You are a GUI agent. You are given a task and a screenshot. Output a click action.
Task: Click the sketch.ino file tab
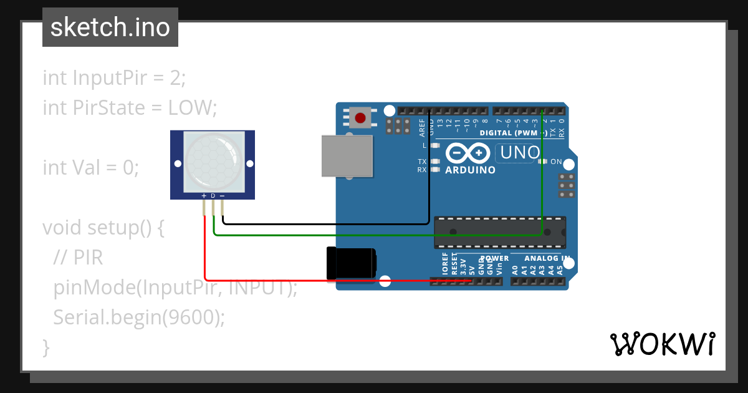coord(110,27)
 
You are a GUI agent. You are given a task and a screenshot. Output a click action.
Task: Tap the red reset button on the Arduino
coord(360,117)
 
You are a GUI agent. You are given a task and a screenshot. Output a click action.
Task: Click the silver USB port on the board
coord(347,156)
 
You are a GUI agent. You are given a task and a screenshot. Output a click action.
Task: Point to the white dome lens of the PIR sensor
coord(212,160)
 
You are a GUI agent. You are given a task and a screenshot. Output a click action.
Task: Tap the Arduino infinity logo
coord(467,153)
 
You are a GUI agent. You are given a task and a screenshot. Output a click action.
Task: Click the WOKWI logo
coord(662,344)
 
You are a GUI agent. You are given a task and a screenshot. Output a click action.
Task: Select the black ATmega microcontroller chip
coord(500,231)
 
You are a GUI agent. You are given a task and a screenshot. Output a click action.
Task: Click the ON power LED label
coord(556,162)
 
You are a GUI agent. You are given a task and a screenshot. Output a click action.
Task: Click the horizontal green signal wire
coord(374,235)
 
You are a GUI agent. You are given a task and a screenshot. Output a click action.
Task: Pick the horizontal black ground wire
coord(324,223)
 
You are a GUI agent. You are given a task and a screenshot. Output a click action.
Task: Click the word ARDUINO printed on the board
coord(471,170)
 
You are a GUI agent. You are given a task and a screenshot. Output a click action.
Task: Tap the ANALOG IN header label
coord(547,258)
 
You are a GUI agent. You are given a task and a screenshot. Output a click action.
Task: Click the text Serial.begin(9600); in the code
coord(138,317)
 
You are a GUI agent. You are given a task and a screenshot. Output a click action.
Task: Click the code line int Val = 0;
coord(91,167)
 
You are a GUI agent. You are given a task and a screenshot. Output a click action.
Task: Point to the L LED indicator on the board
coord(435,145)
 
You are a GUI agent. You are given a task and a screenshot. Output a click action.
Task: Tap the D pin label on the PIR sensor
coord(213,196)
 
